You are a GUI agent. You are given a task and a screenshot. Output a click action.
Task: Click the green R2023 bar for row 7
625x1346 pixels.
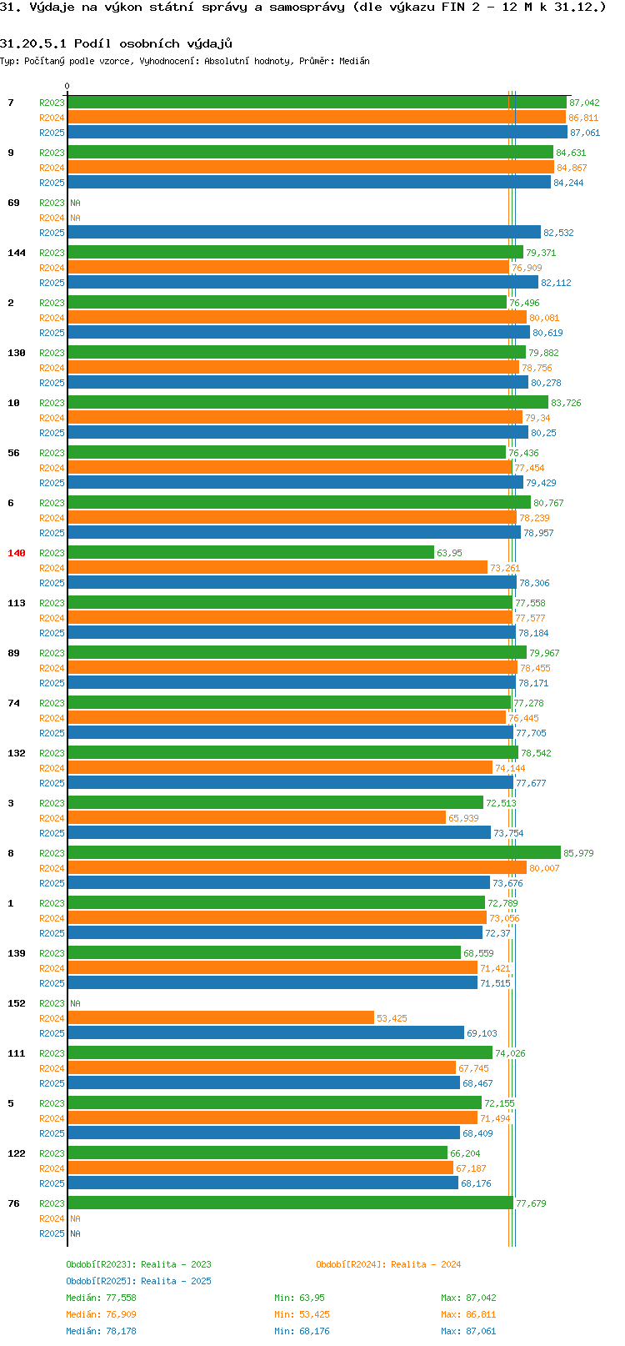tap(317, 102)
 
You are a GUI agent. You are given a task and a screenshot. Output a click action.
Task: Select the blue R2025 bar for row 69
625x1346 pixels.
tap(304, 232)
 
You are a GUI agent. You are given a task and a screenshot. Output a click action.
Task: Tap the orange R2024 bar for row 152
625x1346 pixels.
tap(221, 1017)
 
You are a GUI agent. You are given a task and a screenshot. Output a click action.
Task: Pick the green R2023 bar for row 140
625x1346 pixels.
tap(251, 552)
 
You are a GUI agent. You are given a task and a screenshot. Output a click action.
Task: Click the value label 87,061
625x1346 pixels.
tap(585, 133)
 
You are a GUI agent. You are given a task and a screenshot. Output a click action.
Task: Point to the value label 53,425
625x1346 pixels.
tap(392, 1018)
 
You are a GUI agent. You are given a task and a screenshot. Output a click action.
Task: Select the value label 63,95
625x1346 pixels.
tap(450, 553)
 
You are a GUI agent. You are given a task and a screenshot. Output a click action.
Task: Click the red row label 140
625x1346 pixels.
tap(16, 553)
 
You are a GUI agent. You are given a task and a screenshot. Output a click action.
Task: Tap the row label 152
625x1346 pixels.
tap(16, 1003)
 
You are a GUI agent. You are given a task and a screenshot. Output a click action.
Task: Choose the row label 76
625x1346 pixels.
tap(13, 1203)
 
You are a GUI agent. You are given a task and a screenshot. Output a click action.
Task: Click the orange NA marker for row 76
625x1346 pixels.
tap(75, 1218)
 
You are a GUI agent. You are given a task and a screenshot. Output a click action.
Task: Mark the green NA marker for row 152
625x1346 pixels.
tap(75, 1003)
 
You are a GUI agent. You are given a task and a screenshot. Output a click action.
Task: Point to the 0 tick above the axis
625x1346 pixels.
tap(67, 86)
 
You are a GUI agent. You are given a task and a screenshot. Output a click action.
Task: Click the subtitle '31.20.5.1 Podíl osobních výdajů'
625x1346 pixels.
tap(116, 43)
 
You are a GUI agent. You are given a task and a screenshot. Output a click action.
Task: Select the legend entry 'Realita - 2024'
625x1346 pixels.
tap(426, 1264)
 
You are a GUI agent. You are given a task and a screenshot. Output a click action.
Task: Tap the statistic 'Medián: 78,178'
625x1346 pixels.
tap(101, 1331)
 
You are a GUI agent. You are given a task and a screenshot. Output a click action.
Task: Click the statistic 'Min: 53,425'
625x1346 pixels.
tap(302, 1314)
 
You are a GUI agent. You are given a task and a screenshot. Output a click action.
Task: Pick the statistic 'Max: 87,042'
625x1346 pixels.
tap(468, 1298)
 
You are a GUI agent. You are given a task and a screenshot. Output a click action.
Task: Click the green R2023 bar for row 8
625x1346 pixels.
tap(314, 852)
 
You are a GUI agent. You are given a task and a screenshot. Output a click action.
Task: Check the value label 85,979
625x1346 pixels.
tap(578, 853)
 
